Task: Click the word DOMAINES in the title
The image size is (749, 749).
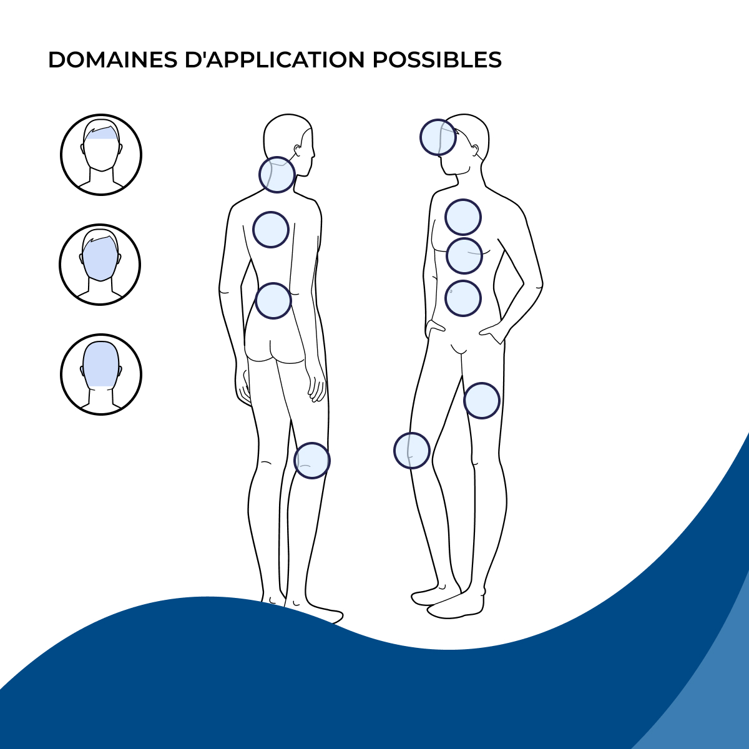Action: (x=113, y=61)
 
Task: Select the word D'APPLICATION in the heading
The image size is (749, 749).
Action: (x=275, y=61)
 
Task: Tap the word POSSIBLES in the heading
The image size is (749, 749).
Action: (x=437, y=61)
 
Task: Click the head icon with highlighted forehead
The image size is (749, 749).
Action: (x=101, y=155)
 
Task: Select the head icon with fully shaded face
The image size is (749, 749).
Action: (x=100, y=265)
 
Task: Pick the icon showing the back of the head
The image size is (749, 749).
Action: (x=101, y=374)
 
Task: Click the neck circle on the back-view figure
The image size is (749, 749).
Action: (x=277, y=175)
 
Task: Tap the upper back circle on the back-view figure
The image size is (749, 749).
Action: (x=271, y=230)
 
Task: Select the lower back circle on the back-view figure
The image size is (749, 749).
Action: (x=273, y=301)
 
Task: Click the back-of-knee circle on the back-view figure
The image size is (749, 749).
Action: (x=311, y=461)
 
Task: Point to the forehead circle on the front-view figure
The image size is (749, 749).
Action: (x=438, y=137)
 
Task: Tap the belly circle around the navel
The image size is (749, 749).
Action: (x=463, y=298)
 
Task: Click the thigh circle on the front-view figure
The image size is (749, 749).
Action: (x=482, y=401)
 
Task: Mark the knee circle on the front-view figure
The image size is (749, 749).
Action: (x=411, y=451)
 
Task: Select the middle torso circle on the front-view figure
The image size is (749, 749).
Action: (x=464, y=256)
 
